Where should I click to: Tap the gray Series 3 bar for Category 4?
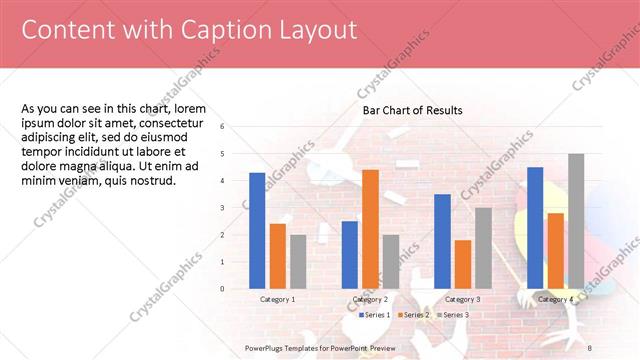point(576,221)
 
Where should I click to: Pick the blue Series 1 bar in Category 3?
point(442,241)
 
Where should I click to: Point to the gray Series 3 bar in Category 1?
point(298,262)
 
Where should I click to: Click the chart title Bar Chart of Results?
point(412,110)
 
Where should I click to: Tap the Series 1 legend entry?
point(376,315)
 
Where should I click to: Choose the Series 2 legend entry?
point(415,315)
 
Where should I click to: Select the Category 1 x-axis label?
point(277,299)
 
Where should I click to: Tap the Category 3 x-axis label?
point(462,299)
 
